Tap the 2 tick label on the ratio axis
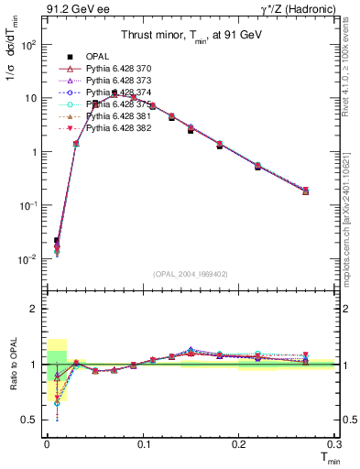tap(35, 309)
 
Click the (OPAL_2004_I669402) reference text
tap(190, 273)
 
